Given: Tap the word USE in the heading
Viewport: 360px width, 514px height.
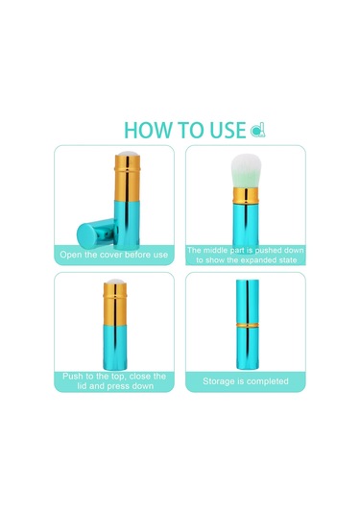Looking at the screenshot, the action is [x=228, y=130].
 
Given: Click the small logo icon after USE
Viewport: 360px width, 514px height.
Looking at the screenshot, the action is [x=258, y=131].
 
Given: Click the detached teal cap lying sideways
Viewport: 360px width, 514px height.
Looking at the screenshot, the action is [x=97, y=233].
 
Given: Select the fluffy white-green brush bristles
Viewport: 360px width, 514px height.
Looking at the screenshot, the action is [x=246, y=171].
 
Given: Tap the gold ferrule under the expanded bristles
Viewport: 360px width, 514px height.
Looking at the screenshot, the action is [x=246, y=196].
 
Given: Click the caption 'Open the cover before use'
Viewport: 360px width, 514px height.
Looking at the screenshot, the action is [x=113, y=255].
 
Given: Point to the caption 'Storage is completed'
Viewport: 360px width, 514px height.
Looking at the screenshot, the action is [x=246, y=381].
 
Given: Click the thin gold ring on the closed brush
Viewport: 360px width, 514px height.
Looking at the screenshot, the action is [x=248, y=325].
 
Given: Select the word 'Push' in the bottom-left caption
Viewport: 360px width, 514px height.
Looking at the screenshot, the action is [x=72, y=376].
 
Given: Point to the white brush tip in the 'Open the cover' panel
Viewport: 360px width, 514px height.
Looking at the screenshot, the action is [x=128, y=154].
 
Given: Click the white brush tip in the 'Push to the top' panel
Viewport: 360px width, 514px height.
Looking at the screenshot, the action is [x=115, y=281].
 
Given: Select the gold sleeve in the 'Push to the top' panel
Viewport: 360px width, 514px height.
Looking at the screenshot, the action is [x=115, y=304].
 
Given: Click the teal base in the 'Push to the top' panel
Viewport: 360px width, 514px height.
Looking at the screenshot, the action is [x=115, y=348].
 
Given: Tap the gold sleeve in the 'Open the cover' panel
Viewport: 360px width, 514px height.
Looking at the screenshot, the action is [x=128, y=178].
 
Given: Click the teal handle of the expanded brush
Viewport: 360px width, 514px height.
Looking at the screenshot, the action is [x=246, y=224].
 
